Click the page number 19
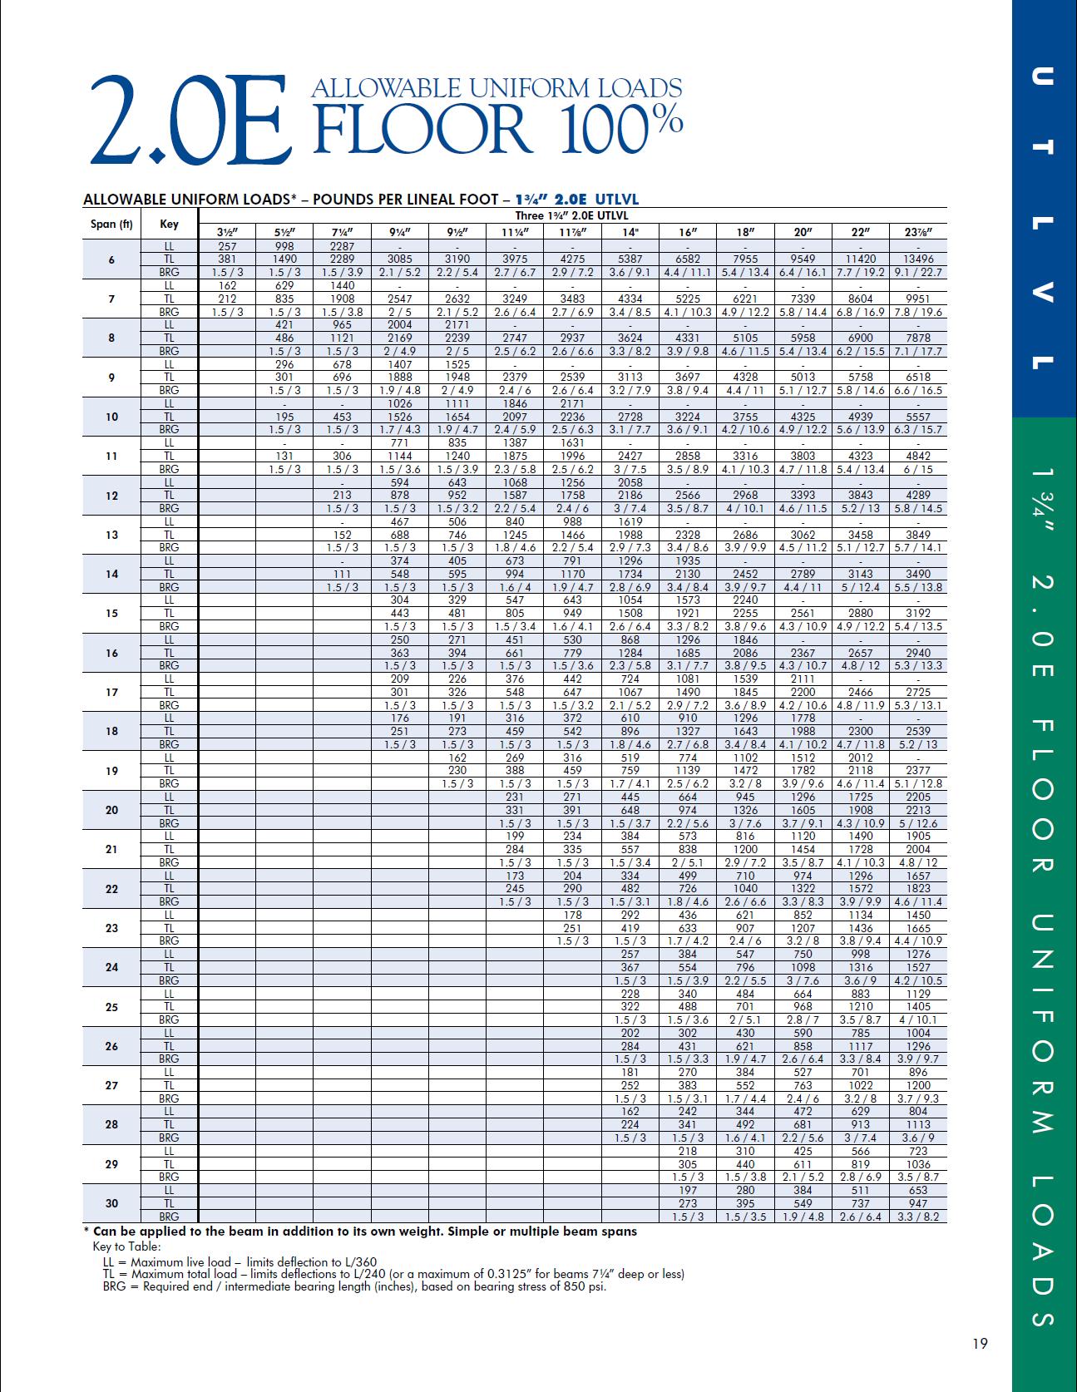pyautogui.click(x=980, y=1342)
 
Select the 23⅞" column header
pyautogui.click(x=917, y=233)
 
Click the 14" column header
pyautogui.click(x=630, y=233)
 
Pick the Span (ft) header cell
pyautogui.click(x=111, y=224)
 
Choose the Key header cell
pyautogui.click(x=169, y=224)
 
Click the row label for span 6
pyautogui.click(x=111, y=259)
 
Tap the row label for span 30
pyautogui.click(x=111, y=1203)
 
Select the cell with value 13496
pyautogui.click(x=917, y=259)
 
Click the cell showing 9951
pyautogui.click(x=917, y=299)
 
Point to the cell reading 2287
pyautogui.click(x=342, y=246)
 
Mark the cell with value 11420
pyautogui.click(x=860, y=259)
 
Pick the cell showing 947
pyautogui.click(x=917, y=1203)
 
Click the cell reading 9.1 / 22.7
pyautogui.click(x=917, y=273)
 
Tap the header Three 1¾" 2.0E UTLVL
pyautogui.click(x=573, y=216)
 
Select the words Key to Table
pyautogui.click(x=126, y=1246)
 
